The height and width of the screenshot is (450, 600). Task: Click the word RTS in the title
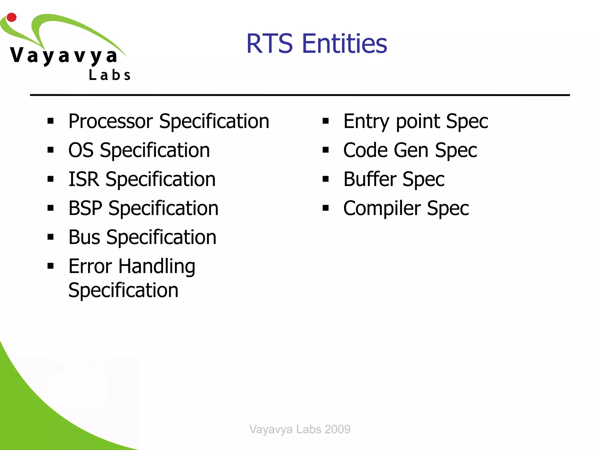point(270,44)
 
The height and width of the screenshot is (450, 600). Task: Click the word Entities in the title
point(345,44)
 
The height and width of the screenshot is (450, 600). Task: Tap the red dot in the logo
point(11,17)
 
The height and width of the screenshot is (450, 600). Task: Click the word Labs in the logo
point(110,75)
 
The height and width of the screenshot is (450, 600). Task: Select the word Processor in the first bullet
point(110,121)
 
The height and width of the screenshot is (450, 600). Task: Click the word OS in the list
point(81,150)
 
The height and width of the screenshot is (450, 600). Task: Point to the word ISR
point(84,179)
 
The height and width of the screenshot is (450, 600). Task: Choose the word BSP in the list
point(85,208)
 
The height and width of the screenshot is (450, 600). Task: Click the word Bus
point(84,237)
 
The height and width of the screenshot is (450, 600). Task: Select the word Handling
point(157,267)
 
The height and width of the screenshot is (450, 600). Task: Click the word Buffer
point(370,179)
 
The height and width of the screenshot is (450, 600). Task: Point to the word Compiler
point(382,208)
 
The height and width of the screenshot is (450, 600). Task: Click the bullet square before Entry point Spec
point(325,121)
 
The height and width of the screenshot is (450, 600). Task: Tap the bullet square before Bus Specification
point(50,237)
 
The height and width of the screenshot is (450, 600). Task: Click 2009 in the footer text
point(337,429)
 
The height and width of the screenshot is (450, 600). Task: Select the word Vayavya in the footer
point(271,429)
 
